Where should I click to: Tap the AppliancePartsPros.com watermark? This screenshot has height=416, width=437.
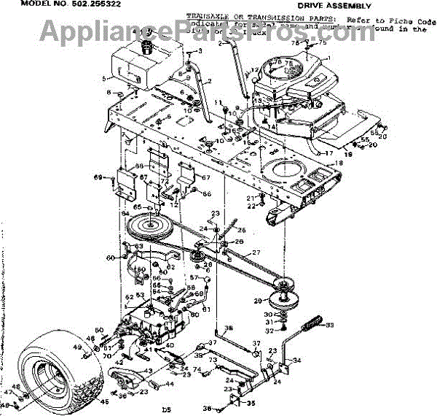point(219,31)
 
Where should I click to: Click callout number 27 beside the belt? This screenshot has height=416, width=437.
point(256,253)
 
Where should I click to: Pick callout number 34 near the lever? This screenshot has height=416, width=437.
point(296,360)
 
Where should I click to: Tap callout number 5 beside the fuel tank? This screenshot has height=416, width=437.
point(104,79)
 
